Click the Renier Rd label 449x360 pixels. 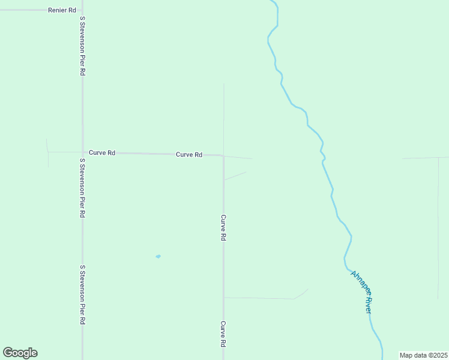click(63, 10)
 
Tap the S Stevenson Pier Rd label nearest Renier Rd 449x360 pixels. click(83, 46)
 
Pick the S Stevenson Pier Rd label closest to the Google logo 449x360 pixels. click(83, 295)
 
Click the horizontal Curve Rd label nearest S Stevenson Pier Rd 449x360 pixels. click(102, 153)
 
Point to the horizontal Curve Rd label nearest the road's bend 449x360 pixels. click(189, 155)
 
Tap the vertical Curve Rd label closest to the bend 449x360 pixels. click(223, 228)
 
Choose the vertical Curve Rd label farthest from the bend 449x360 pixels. click(223, 334)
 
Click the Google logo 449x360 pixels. click(20, 353)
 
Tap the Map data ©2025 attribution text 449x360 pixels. click(424, 355)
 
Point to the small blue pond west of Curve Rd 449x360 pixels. click(158, 257)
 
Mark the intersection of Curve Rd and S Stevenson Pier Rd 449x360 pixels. click(83, 152)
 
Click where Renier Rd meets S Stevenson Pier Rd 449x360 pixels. click(83, 10)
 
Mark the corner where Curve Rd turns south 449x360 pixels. click(223, 156)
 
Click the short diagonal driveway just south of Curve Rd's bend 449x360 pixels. click(235, 176)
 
